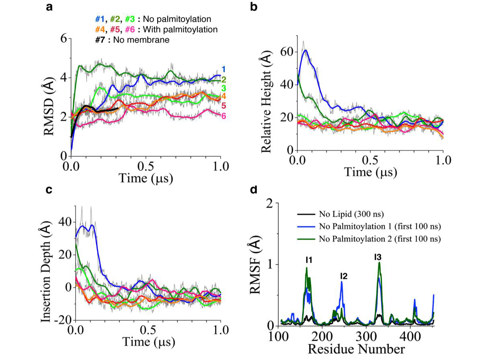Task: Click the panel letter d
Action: point(254,189)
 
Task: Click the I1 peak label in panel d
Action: point(309,261)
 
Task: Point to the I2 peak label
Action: point(344,276)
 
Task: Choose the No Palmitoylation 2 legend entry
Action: point(380,239)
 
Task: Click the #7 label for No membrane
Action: point(100,40)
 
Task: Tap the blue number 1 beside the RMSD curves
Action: point(224,69)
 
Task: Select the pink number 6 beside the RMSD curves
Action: point(224,116)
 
